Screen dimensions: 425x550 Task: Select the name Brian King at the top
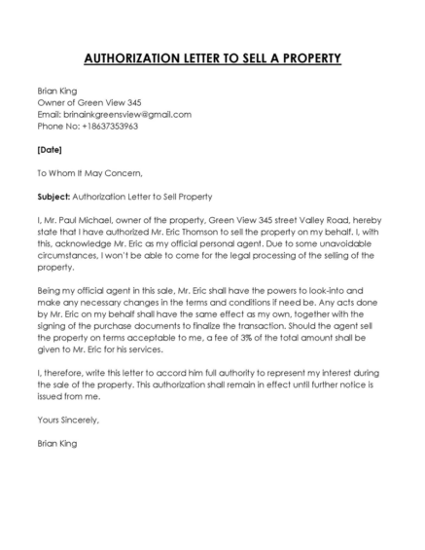(x=56, y=91)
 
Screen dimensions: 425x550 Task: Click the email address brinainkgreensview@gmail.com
(x=124, y=114)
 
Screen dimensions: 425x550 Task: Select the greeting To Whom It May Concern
(x=89, y=173)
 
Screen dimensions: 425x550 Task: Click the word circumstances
(x=74, y=255)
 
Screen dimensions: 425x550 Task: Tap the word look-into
(x=346, y=290)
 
